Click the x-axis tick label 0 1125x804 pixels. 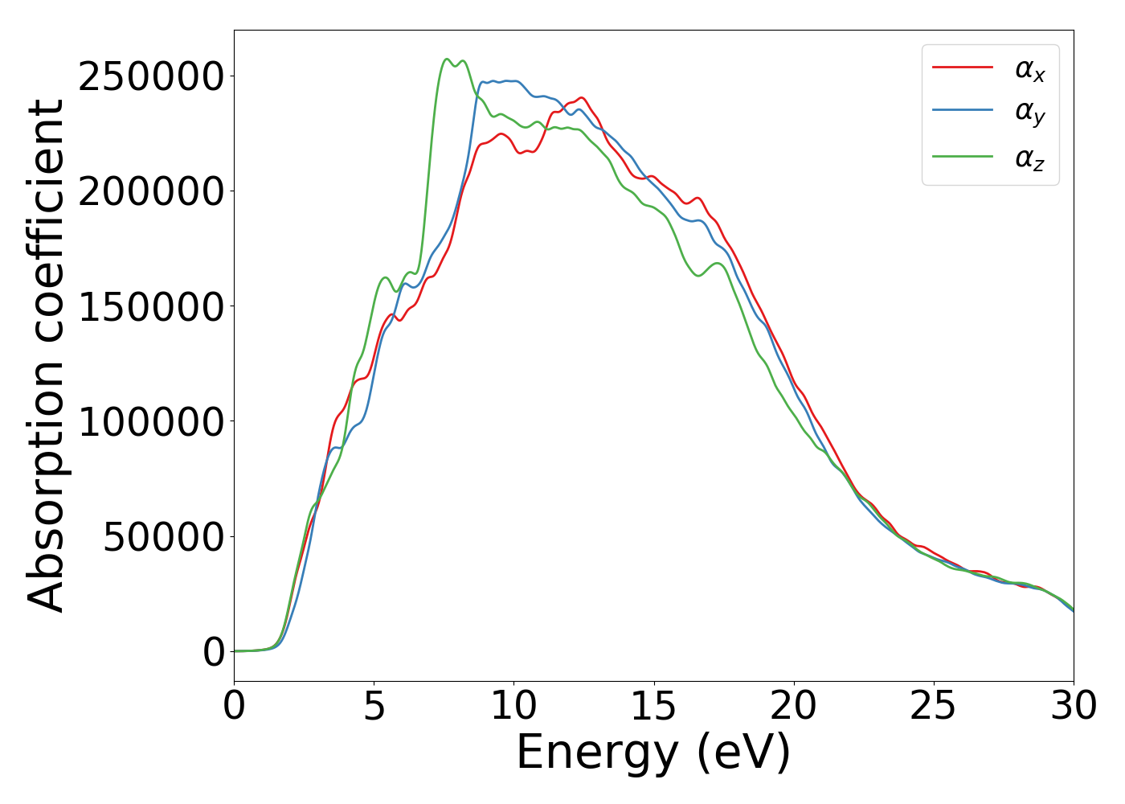tap(234, 707)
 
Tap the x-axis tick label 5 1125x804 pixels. tap(374, 707)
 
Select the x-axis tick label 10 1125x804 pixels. tap(513, 707)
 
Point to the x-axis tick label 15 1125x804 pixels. tap(653, 707)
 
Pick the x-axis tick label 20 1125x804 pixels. tap(794, 707)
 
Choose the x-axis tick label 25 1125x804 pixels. tap(934, 707)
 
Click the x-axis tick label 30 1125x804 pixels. tap(1074, 707)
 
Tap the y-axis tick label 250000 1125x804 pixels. tap(151, 77)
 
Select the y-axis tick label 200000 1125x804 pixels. tap(151, 192)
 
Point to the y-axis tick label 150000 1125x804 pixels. tap(151, 307)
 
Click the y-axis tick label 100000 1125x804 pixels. tap(151, 422)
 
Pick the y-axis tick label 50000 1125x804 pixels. tap(163, 537)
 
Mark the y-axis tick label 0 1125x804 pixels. tap(214, 652)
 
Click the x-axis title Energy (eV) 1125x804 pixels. tap(653, 753)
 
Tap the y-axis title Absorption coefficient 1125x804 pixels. tap(47, 355)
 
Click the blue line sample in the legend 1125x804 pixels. tap(963, 112)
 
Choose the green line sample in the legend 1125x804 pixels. tap(963, 156)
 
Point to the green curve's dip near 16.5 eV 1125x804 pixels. tap(697, 276)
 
